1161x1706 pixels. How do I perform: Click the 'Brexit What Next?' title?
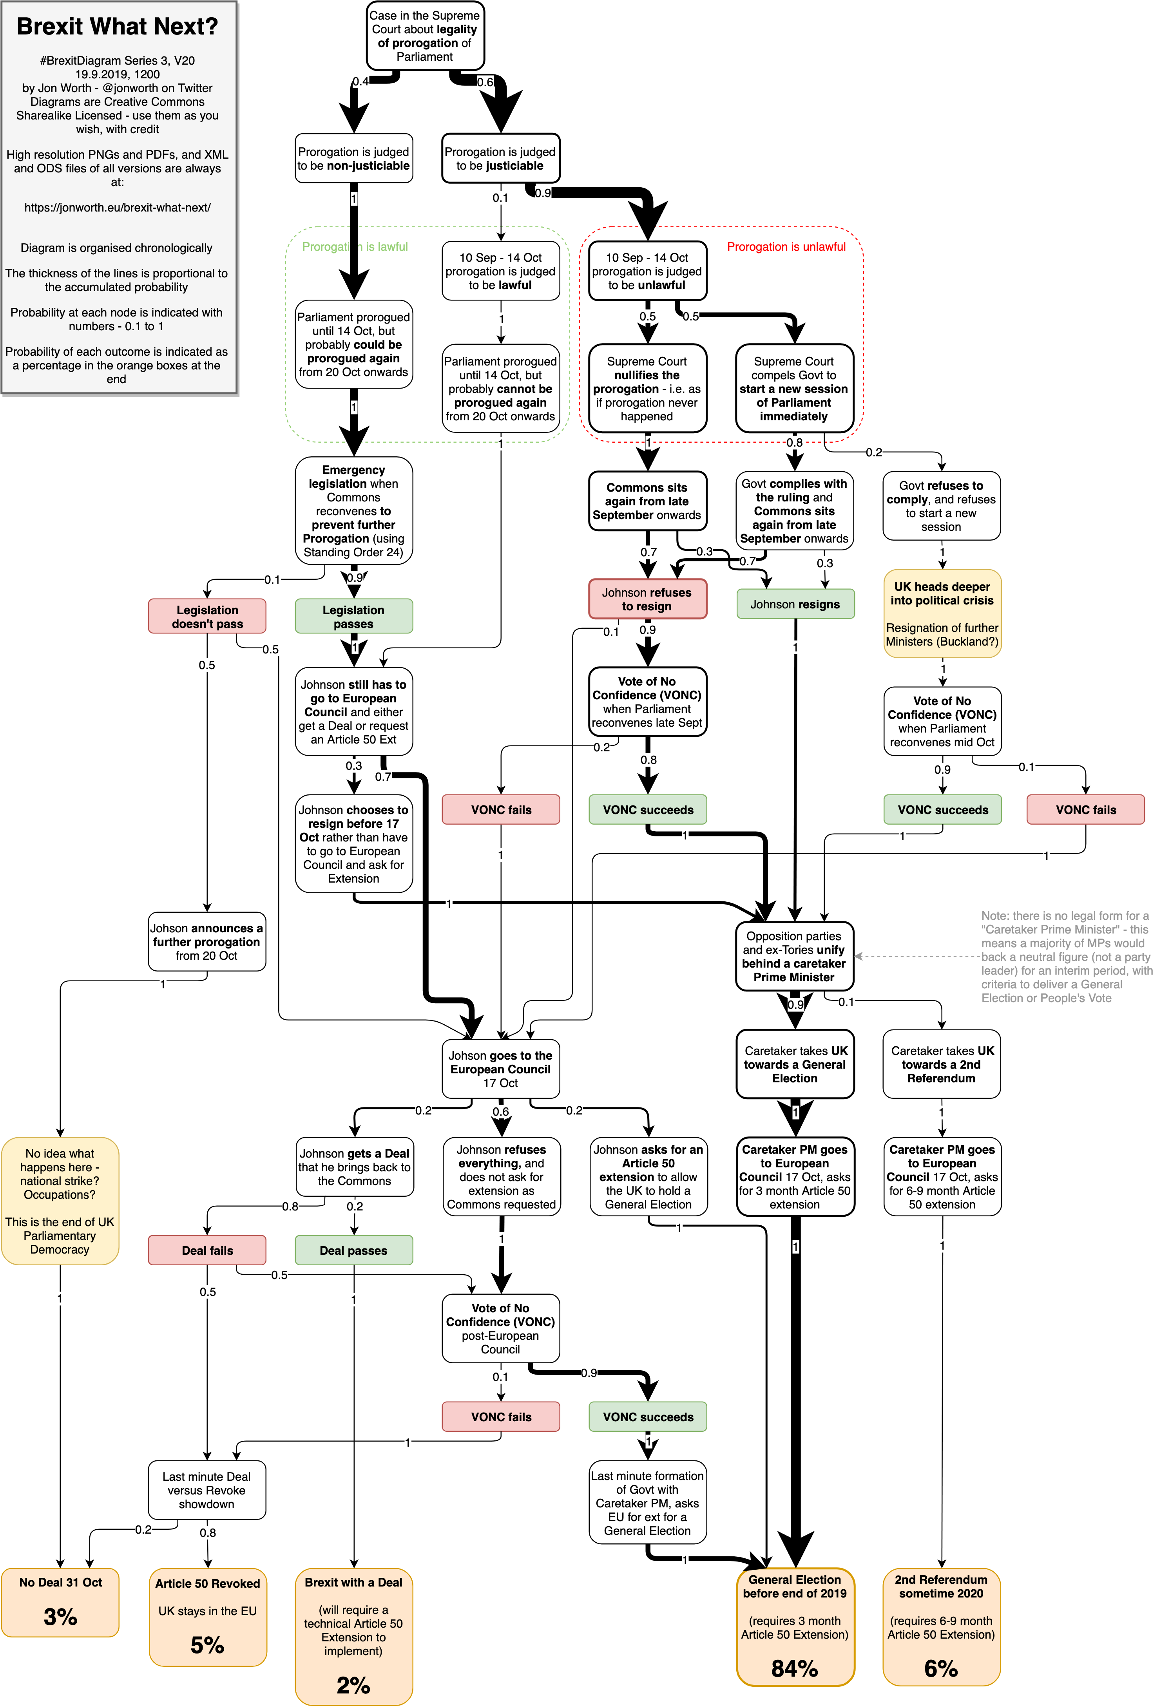pos(118,26)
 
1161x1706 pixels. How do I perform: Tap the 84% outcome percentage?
pos(795,1668)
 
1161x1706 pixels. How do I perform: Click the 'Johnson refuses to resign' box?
pos(647,599)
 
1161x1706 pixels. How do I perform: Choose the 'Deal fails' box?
pos(207,1250)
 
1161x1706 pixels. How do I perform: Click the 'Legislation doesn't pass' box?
pos(207,617)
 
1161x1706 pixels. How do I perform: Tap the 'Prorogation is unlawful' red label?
pos(786,247)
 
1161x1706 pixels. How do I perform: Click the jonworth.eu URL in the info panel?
pos(118,208)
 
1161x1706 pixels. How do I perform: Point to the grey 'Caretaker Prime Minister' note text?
pos(1066,957)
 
